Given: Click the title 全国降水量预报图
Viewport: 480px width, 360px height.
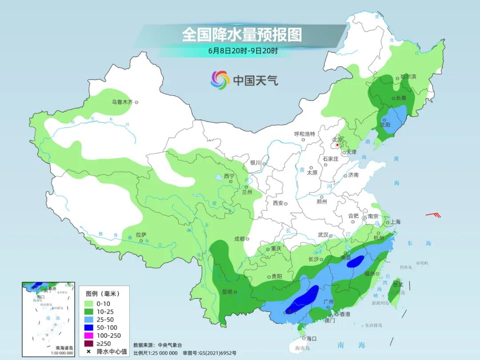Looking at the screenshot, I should (242, 35).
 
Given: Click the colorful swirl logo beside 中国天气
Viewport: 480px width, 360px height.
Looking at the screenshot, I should (220, 80).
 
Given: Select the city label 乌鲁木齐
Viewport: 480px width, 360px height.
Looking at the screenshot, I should (122, 102).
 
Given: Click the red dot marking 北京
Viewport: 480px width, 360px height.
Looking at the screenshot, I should (338, 145).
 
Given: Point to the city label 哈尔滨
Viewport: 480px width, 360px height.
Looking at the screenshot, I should (408, 76).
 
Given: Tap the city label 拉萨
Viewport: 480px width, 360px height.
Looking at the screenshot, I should (141, 235).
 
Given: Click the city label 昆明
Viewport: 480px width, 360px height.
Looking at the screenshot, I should (227, 292).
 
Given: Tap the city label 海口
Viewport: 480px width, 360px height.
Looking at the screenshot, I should (311, 338).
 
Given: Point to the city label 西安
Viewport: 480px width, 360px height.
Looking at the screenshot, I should (278, 203).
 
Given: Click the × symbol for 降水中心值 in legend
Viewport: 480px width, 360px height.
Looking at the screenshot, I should (89, 352).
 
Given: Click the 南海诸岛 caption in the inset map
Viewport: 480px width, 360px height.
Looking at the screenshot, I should (64, 348).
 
